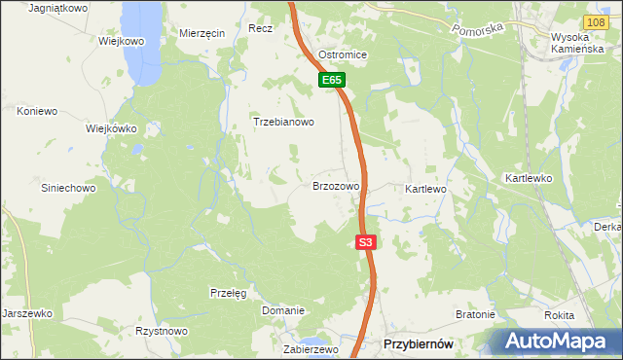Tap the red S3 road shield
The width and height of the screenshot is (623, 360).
click(x=365, y=242)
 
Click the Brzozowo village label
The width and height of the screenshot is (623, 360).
click(x=336, y=185)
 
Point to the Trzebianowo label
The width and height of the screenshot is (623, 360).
click(x=283, y=123)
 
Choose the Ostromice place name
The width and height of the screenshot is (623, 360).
click(x=343, y=54)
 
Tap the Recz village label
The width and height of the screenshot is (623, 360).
click(x=260, y=29)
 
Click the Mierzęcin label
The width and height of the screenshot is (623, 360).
click(x=202, y=32)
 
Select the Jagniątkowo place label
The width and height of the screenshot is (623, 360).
click(x=59, y=8)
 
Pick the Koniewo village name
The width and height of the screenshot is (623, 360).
click(x=37, y=112)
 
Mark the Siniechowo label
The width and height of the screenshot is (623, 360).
click(x=68, y=188)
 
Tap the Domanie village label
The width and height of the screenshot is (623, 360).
click(x=283, y=310)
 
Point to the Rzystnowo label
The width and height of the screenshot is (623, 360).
click(x=162, y=331)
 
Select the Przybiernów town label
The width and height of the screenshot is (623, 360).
click(x=419, y=344)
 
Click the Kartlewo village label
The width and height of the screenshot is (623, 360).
click(x=425, y=188)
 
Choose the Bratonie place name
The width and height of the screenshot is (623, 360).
click(x=476, y=315)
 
